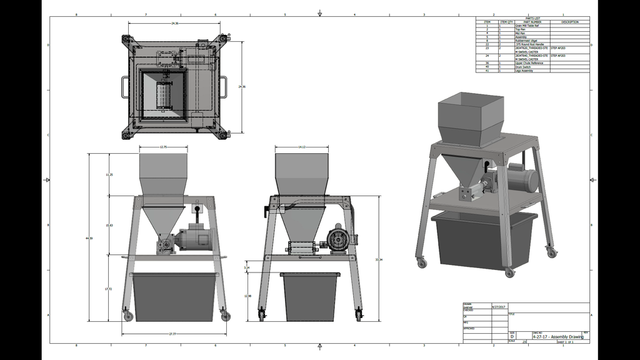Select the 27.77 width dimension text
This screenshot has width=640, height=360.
point(172,334)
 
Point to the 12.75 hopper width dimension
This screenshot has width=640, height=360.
point(163,147)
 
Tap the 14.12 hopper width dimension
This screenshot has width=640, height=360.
point(301,147)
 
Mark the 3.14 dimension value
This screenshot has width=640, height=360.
point(247,267)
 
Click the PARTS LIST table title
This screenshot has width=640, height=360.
point(532,18)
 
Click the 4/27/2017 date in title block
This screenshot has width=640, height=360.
point(498,307)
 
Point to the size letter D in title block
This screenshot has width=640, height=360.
point(512,337)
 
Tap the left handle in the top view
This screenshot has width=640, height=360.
point(126,86)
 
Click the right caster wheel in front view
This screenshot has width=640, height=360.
point(224,316)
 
